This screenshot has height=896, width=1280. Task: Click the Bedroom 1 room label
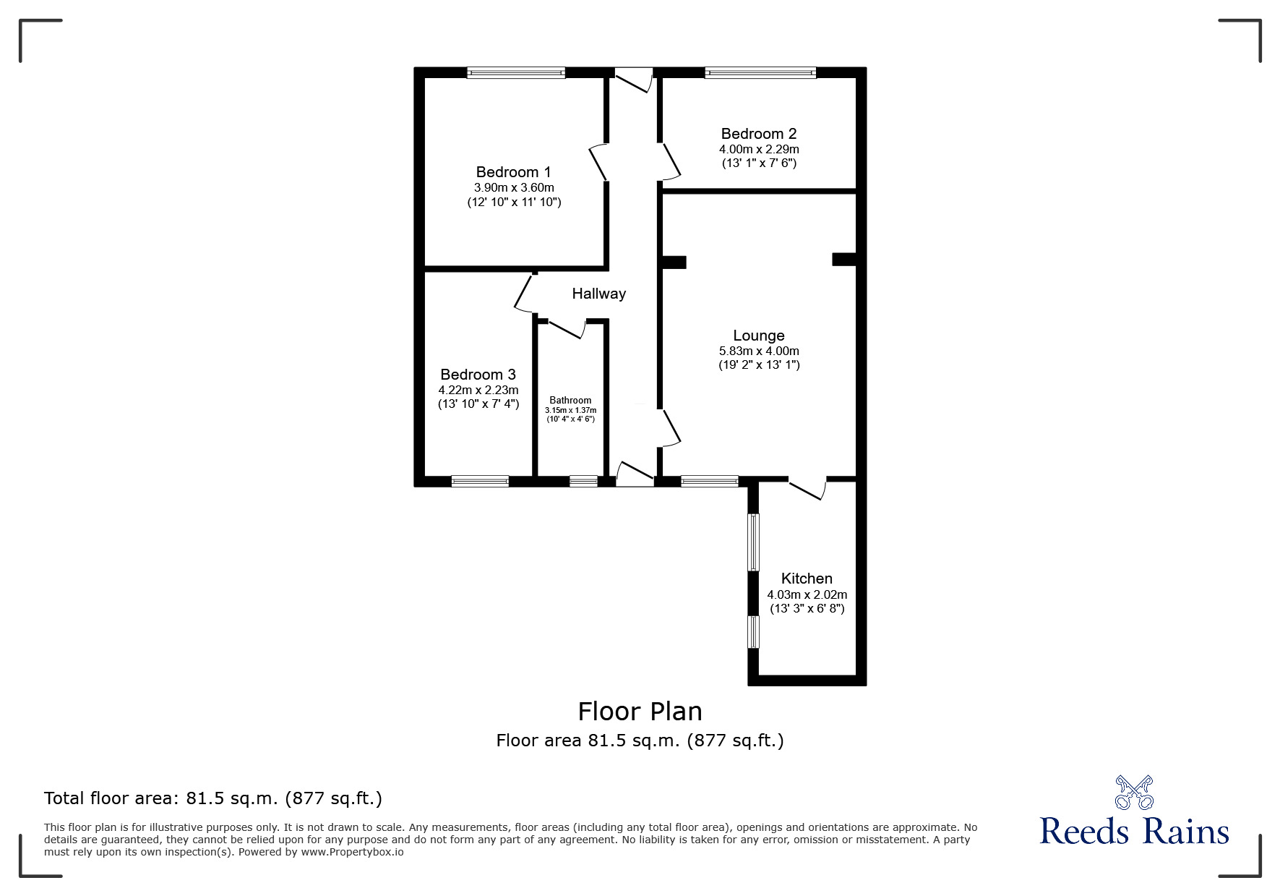tap(513, 172)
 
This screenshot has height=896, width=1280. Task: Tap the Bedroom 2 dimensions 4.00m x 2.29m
tap(759, 149)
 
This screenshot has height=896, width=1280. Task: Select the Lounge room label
tap(758, 336)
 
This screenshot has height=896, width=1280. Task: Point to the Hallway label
tap(598, 294)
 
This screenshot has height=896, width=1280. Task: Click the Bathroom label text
tap(570, 400)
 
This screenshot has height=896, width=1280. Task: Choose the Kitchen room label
tap(807, 579)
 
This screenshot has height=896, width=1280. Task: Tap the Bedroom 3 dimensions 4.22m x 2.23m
tap(478, 390)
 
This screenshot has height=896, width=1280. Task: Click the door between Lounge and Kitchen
tap(807, 488)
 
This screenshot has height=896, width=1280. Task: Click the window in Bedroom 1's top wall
tap(515, 72)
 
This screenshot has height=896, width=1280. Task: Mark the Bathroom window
tap(583, 481)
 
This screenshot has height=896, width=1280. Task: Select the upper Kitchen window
tap(753, 542)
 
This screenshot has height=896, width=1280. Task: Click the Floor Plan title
tap(640, 712)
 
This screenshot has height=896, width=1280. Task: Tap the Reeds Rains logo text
tap(1134, 832)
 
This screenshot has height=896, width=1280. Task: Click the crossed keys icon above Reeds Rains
tap(1134, 792)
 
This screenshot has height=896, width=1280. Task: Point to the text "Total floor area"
tap(108, 798)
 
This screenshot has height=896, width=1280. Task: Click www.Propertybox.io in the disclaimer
tap(352, 852)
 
